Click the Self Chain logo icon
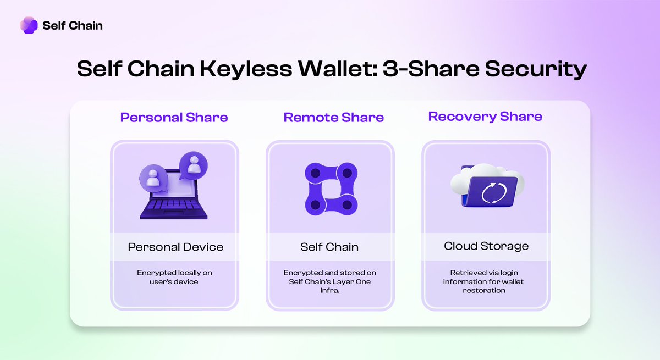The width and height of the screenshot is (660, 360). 29,25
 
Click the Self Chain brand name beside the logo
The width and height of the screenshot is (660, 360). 72,25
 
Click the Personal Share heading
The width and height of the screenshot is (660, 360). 174,118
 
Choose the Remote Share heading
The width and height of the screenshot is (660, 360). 333,118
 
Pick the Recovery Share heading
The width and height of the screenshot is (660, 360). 485,117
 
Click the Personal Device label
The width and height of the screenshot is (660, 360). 175,247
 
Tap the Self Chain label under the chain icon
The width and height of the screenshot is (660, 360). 329,247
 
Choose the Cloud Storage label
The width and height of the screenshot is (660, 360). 486,246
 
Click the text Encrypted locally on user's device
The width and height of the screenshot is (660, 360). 175,277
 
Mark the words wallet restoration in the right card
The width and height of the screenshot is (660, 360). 486,286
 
